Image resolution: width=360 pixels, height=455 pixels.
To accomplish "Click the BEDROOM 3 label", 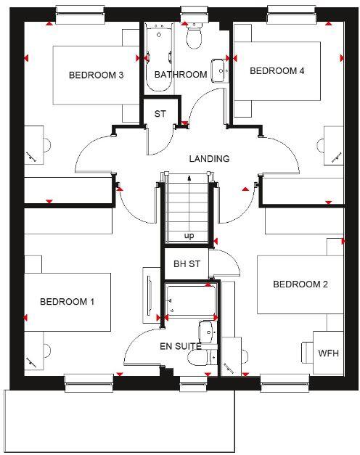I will tap(96, 75).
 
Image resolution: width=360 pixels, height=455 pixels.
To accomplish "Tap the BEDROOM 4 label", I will tap(277, 70).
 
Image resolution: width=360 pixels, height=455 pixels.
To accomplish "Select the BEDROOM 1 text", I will tap(67, 301).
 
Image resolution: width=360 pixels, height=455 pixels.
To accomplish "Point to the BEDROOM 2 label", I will tap(300, 284).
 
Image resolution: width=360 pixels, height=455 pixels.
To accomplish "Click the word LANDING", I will tap(209, 158).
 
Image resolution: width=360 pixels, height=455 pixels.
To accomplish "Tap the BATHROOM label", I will tap(181, 74).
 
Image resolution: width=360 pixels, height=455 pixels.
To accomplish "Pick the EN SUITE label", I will tap(180, 346).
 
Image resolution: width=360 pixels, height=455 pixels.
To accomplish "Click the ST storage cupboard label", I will tap(160, 114).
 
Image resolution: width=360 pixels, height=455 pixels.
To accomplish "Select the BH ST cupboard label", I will tap(186, 264).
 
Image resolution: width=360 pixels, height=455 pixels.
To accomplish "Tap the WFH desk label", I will tap(328, 353).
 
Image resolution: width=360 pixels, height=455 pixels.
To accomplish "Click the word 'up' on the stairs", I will tap(189, 236).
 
